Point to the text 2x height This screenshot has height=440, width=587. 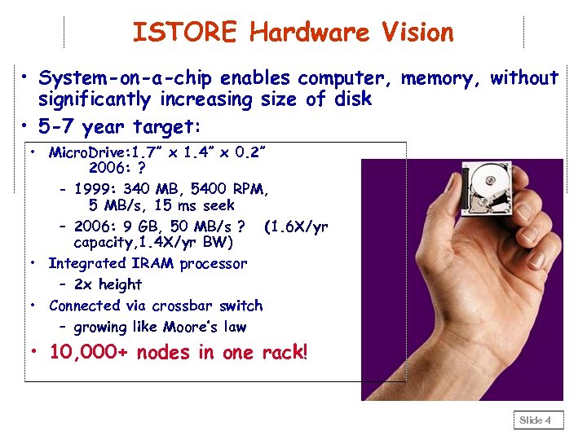coord(107,284)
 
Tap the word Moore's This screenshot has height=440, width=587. coord(192,327)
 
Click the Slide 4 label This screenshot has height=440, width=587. coord(536,420)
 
